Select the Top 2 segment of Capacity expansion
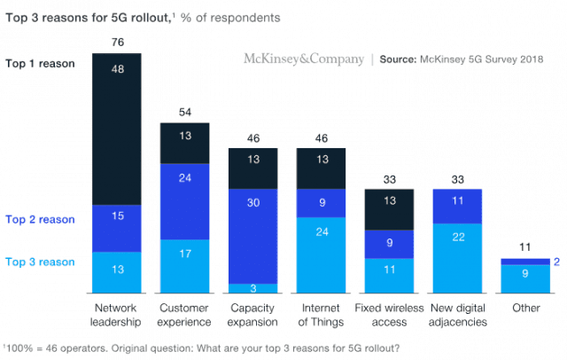(252, 235)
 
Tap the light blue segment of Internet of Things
(321, 254)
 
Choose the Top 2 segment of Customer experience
(184, 200)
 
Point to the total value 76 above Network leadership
(117, 42)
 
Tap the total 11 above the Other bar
(525, 247)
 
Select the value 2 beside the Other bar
(557, 262)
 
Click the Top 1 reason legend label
(40, 64)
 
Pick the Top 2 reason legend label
(40, 219)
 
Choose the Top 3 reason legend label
(40, 262)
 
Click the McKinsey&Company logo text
(304, 59)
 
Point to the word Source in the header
(404, 59)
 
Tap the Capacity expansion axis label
(252, 315)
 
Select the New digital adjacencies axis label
(458, 315)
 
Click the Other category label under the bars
(525, 309)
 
